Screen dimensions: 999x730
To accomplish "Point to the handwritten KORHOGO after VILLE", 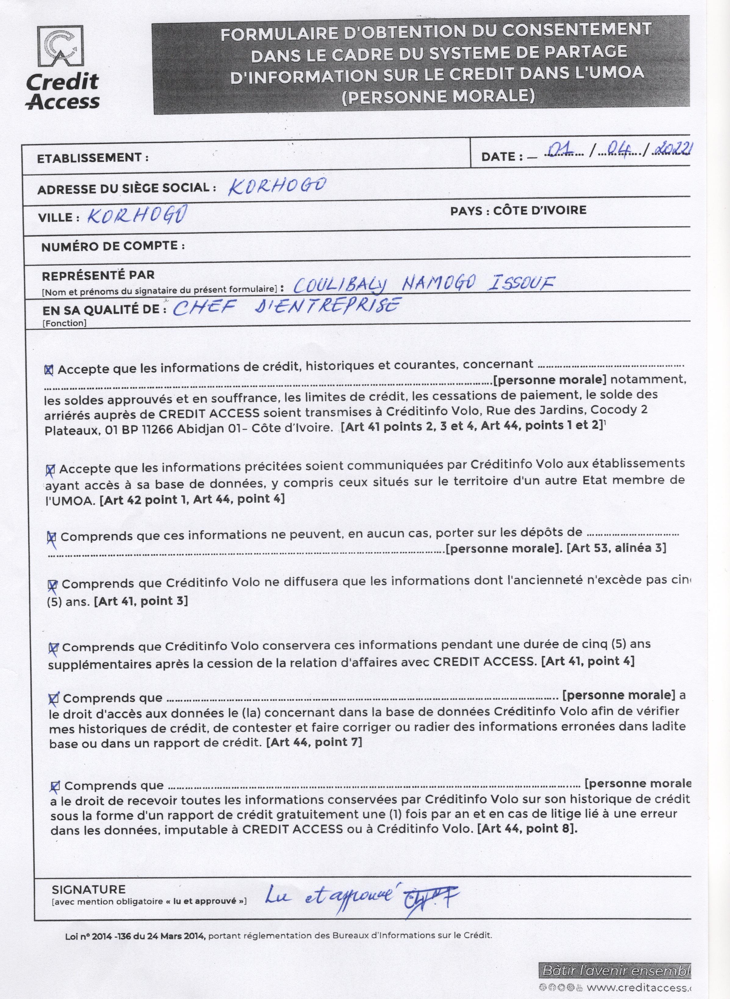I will pyautogui.click(x=136, y=215).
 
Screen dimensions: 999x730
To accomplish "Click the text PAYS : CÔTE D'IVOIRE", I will pyautogui.click(x=518, y=210).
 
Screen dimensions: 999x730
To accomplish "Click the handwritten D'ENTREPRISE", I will pyautogui.click(x=327, y=305).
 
